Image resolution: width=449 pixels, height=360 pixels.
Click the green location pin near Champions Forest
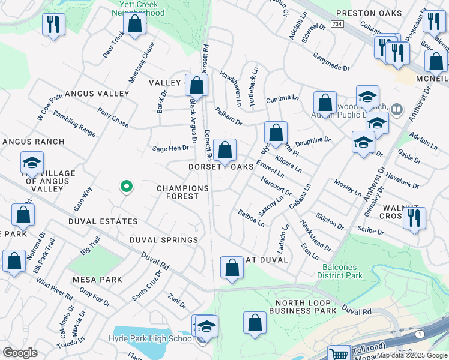coord(126,187)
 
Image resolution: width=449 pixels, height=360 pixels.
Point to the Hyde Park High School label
coord(151,338)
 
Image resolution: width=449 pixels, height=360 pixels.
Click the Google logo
coord(20,352)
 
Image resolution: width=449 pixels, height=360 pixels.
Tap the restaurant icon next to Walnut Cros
coord(414,218)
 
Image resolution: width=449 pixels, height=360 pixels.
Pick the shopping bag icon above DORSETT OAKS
coord(224,150)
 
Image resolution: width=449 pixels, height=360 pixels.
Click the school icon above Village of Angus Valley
coord(32,162)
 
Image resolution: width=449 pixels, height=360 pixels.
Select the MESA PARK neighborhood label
coord(97,280)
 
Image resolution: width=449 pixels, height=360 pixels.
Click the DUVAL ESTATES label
coord(103,221)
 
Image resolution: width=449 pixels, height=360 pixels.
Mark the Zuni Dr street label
coord(177,300)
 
